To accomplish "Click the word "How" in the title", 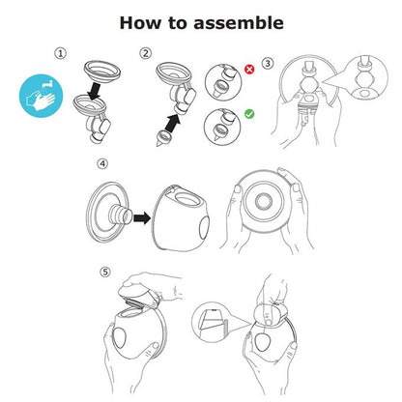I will click(140, 21).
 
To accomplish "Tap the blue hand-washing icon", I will click(43, 100).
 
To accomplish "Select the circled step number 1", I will click(60, 54).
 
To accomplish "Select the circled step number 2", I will click(146, 54).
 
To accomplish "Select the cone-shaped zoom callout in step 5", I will click(214, 319).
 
